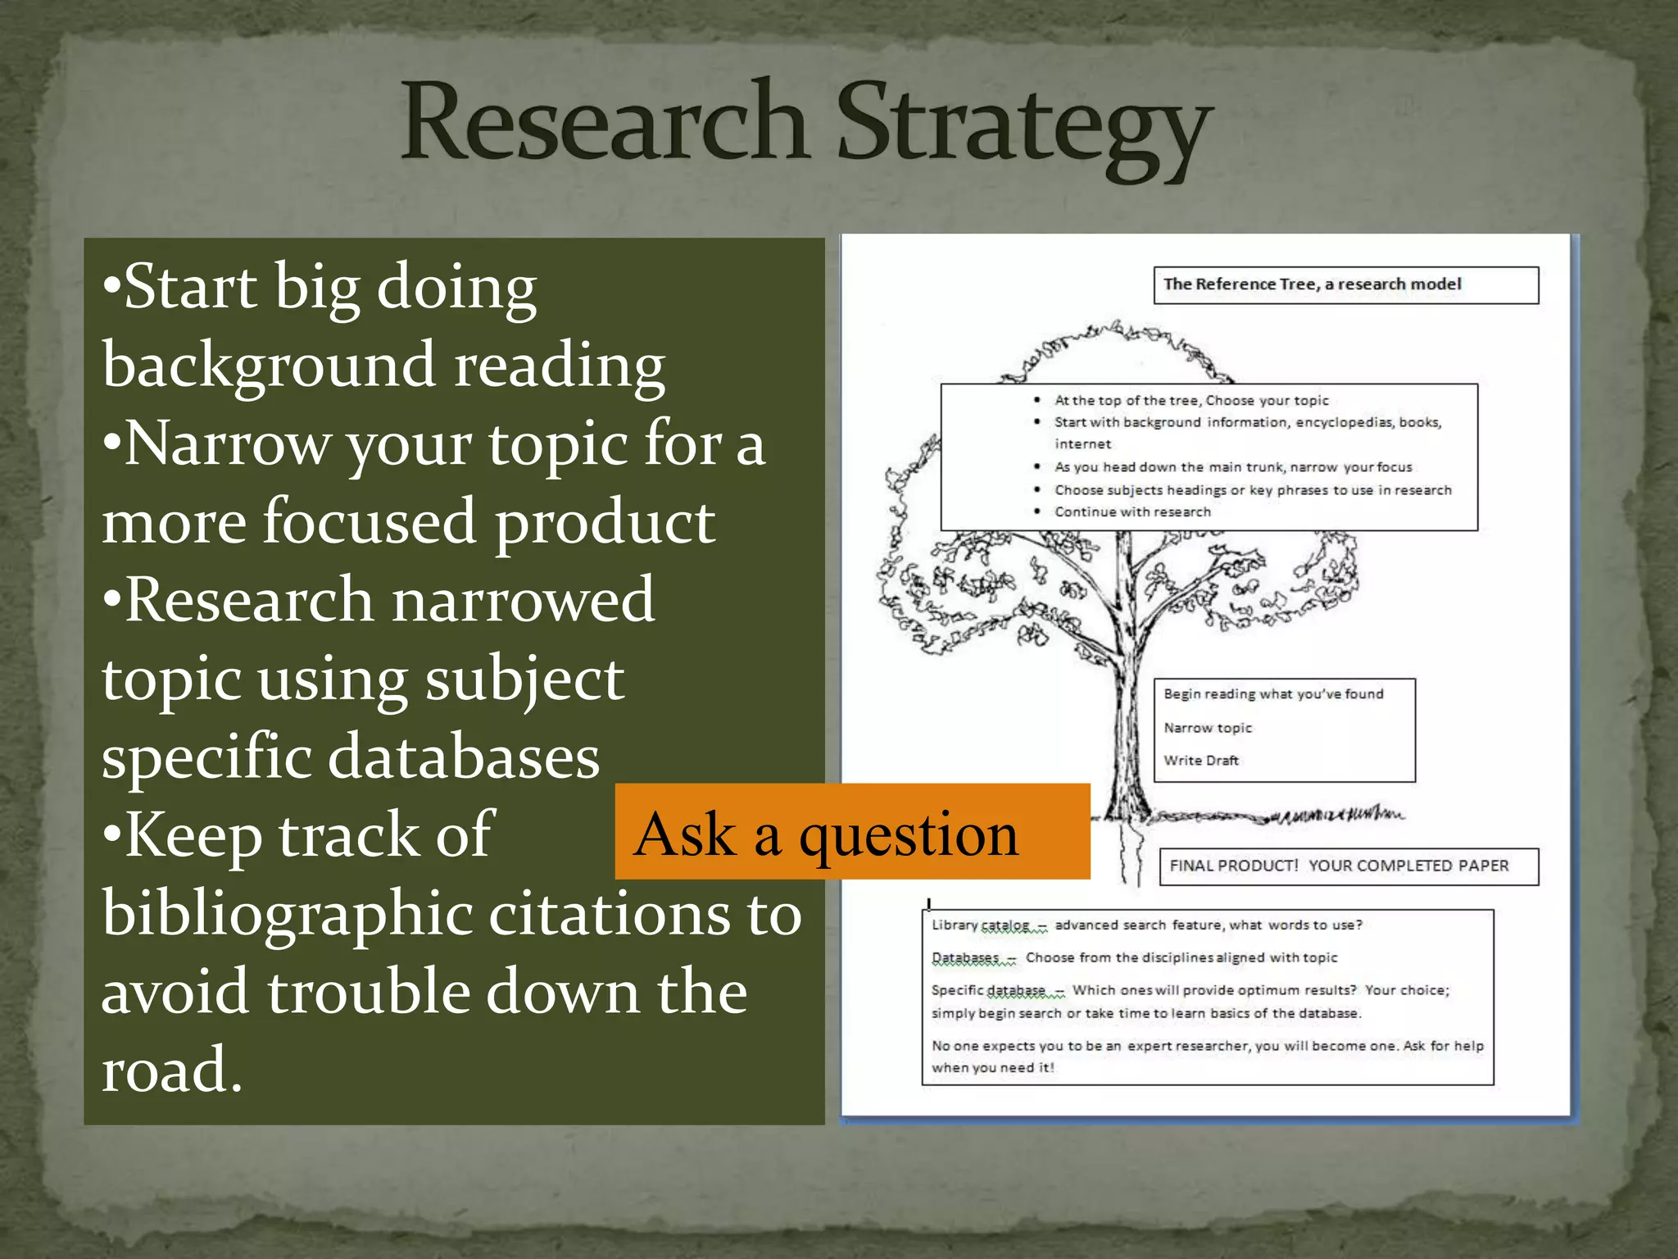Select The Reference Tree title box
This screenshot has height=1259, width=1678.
[x=1345, y=285]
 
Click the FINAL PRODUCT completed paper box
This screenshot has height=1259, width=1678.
[x=1349, y=866]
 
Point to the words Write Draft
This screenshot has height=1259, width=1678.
[x=1201, y=761]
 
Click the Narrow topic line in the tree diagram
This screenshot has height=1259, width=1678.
[x=1208, y=728]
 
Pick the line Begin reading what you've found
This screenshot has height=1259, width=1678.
[x=1273, y=694]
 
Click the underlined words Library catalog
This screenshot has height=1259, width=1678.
[x=980, y=925]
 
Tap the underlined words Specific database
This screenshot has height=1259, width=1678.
[x=988, y=990]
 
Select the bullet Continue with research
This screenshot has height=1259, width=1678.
[x=1132, y=512]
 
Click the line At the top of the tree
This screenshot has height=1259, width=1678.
[x=1191, y=401]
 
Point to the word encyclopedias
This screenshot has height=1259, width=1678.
[x=1344, y=423]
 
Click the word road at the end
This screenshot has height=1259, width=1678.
[x=171, y=1069]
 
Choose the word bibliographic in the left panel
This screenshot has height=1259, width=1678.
[x=288, y=914]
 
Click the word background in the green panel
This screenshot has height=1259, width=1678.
[x=269, y=365]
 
